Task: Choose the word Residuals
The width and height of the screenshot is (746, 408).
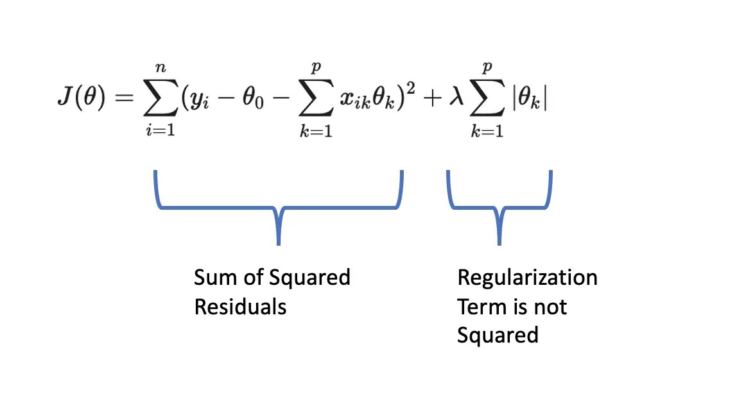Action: tap(240, 307)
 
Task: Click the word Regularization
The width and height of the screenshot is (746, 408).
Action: tap(527, 278)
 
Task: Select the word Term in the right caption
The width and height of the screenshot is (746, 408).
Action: tap(478, 307)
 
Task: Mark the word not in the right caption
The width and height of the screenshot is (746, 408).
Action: tap(550, 307)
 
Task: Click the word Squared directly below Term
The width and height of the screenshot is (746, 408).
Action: tap(498, 335)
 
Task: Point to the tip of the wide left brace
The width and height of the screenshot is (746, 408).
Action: tap(278, 242)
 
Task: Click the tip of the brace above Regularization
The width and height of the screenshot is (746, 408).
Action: tap(499, 242)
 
